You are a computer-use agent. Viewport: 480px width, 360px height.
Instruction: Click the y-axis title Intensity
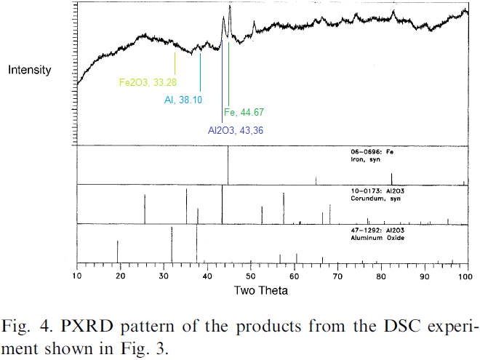(29, 70)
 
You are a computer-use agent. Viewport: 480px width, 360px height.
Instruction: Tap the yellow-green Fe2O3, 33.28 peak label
(148, 82)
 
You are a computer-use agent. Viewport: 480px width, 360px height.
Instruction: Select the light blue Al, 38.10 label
(183, 100)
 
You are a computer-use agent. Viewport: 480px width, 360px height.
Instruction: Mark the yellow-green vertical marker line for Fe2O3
(175, 61)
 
